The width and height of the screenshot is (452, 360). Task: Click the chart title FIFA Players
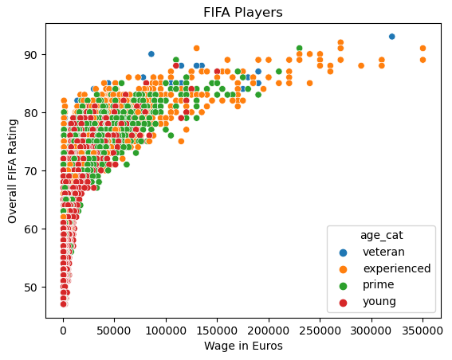pyautogui.click(x=242, y=13)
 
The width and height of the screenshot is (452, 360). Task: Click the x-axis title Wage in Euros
pyautogui.click(x=242, y=346)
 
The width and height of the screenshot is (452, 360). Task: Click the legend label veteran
pyautogui.click(x=384, y=252)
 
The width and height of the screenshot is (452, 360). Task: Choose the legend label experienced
pyautogui.click(x=396, y=268)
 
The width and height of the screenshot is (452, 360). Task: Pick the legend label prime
pyautogui.click(x=379, y=285)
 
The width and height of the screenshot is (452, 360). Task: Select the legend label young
pyautogui.click(x=379, y=302)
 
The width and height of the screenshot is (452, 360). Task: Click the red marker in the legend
pyautogui.click(x=346, y=302)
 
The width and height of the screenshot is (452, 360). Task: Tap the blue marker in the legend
pyautogui.click(x=346, y=252)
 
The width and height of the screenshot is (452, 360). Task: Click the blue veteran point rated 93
pyautogui.click(x=391, y=37)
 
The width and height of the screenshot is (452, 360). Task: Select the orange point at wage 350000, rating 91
pyautogui.click(x=423, y=48)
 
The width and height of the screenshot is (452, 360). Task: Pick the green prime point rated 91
pyautogui.click(x=299, y=48)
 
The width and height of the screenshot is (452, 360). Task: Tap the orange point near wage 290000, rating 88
pyautogui.click(x=361, y=65)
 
